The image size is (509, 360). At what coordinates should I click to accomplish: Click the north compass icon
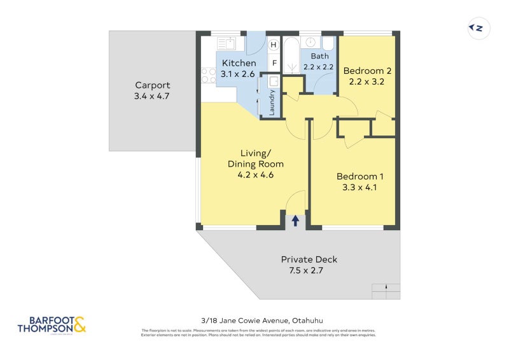[478, 28]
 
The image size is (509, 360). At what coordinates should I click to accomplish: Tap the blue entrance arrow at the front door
[295, 221]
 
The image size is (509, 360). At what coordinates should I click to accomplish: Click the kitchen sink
[226, 44]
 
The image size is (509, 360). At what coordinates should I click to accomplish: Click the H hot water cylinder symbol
[274, 45]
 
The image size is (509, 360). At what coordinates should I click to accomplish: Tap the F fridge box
[274, 63]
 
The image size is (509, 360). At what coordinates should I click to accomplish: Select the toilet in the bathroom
[328, 43]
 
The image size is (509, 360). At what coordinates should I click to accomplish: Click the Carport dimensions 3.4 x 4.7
[152, 96]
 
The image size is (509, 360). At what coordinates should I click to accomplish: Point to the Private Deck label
[309, 260]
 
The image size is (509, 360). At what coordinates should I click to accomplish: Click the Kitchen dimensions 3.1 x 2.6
[238, 74]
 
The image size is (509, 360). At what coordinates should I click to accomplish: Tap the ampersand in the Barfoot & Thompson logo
[80, 326]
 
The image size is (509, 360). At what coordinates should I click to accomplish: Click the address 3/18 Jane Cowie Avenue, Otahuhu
[258, 321]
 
